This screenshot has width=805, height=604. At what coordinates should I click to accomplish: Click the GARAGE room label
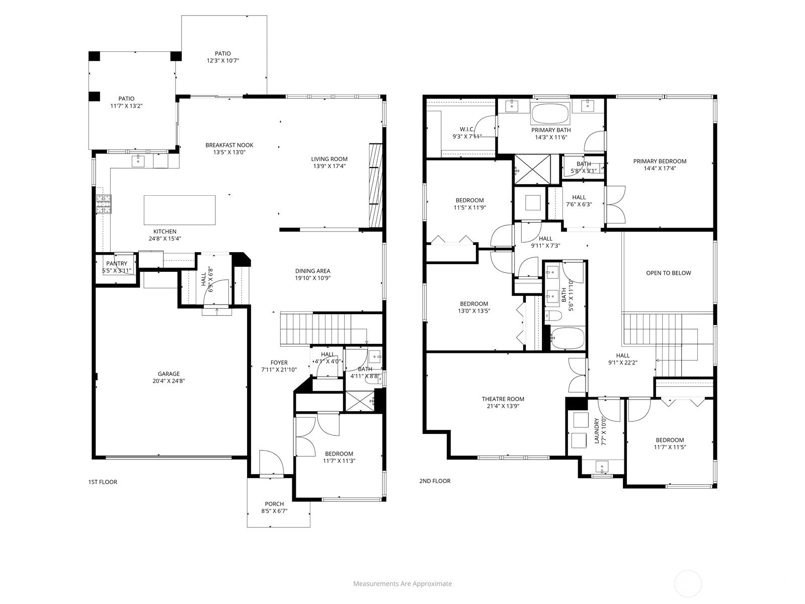(169, 373)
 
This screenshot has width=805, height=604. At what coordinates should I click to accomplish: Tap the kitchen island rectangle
(180, 210)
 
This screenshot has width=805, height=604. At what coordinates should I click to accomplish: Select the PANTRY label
(117, 264)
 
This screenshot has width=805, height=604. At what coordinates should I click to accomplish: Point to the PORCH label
(274, 504)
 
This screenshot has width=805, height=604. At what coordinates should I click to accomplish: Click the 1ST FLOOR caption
(103, 482)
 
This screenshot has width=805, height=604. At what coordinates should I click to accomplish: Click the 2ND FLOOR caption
(435, 481)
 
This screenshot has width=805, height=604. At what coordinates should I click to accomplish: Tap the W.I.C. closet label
(467, 129)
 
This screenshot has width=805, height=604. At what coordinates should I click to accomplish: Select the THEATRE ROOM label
(503, 399)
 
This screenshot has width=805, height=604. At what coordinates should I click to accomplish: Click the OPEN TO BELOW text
(669, 273)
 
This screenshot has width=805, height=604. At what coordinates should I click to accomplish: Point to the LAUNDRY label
(597, 430)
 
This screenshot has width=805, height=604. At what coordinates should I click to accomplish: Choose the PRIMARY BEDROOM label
(660, 161)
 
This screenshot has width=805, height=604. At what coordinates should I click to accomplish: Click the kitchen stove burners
(104, 204)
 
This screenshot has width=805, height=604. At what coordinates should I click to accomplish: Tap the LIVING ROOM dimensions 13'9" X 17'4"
(330, 166)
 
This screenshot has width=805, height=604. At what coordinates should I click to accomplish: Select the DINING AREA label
(313, 271)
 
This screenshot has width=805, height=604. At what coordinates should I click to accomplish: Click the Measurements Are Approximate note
(403, 583)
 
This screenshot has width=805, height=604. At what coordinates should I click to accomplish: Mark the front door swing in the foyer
(271, 462)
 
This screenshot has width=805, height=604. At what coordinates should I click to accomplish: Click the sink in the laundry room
(602, 467)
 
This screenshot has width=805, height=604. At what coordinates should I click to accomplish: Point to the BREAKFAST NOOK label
(229, 145)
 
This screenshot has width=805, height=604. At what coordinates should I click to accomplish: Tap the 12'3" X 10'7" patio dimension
(223, 60)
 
